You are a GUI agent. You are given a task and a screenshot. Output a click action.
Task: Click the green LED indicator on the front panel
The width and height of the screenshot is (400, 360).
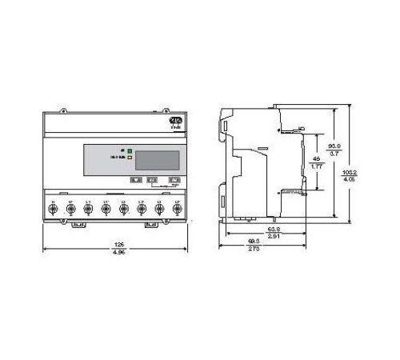pyautogui.click(x=130, y=150)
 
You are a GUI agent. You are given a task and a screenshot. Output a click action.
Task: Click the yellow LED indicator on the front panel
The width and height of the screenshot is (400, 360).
pyautogui.click(x=130, y=158)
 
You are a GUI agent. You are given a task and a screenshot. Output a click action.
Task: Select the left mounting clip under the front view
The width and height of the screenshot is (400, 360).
pyautogui.click(x=77, y=224)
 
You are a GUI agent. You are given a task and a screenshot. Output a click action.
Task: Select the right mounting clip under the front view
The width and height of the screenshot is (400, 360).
pyautogui.click(x=150, y=224)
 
